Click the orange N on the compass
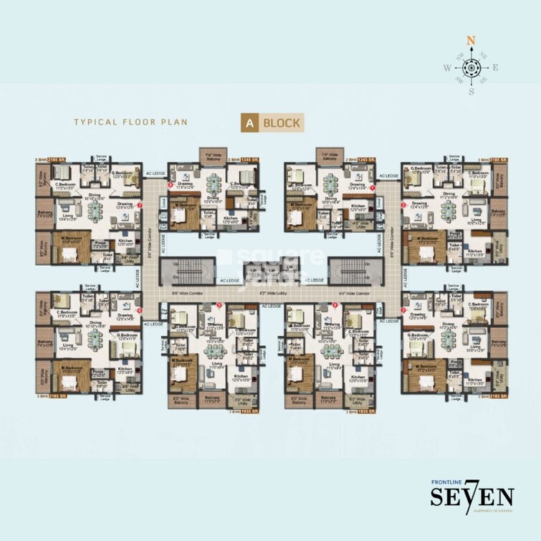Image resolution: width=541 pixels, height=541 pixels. coord(471,41)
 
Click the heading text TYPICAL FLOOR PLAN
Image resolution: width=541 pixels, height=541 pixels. coord(131,122)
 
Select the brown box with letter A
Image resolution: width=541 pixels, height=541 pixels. coord(249,122)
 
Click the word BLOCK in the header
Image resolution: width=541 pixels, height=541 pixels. coord(282,122)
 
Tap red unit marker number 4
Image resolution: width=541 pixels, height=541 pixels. coord(335,307)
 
